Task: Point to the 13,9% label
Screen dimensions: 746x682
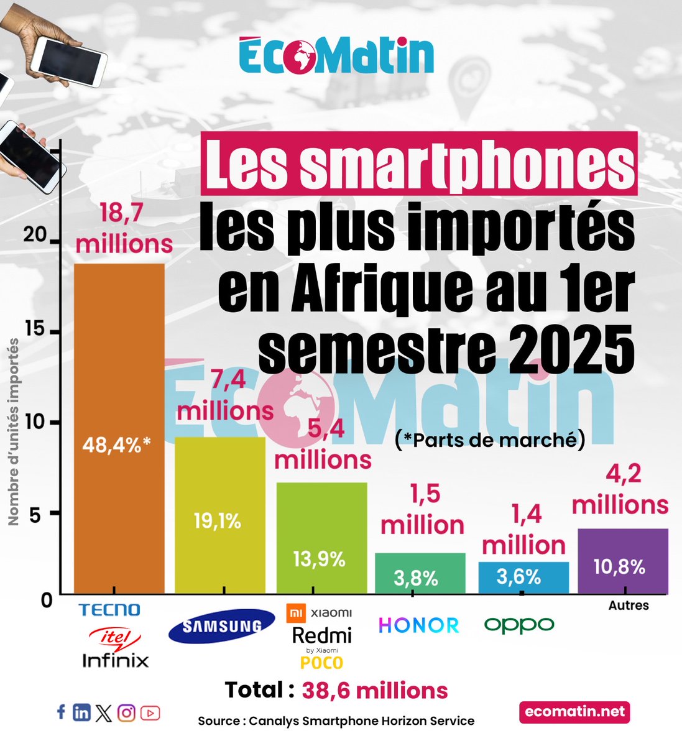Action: (x=319, y=559)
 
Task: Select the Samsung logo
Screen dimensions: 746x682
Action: (x=221, y=626)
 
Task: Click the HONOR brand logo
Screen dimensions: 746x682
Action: (x=419, y=625)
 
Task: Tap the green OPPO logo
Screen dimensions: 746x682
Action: (x=519, y=625)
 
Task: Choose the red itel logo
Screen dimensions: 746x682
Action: (x=116, y=637)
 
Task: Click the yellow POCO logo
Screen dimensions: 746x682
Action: (x=321, y=663)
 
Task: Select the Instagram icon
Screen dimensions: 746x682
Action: (x=126, y=712)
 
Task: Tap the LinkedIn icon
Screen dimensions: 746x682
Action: (x=81, y=712)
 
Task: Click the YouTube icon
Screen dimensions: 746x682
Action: (x=150, y=713)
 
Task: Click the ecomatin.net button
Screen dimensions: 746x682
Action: (x=574, y=712)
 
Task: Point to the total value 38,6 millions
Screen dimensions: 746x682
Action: (x=375, y=690)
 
